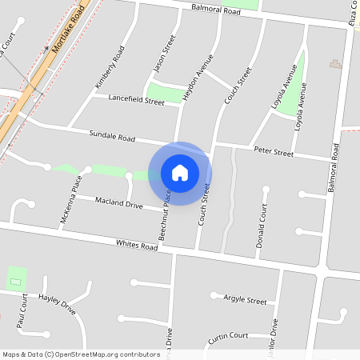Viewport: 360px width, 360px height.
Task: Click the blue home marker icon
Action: point(180,172)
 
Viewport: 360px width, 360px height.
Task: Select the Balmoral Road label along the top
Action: point(216,11)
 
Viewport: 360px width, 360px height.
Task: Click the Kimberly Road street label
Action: point(110,67)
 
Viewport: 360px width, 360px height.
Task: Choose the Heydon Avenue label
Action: point(199,76)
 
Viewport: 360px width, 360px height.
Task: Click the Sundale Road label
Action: point(112,138)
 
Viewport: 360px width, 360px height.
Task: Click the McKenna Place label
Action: point(71,198)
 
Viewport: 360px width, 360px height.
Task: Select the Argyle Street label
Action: point(245,301)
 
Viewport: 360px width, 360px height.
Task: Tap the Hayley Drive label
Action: point(58,306)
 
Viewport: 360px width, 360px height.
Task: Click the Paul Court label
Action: point(23,310)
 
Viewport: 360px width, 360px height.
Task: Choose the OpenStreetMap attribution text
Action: point(81,354)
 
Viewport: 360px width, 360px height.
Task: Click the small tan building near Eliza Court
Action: point(334,62)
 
